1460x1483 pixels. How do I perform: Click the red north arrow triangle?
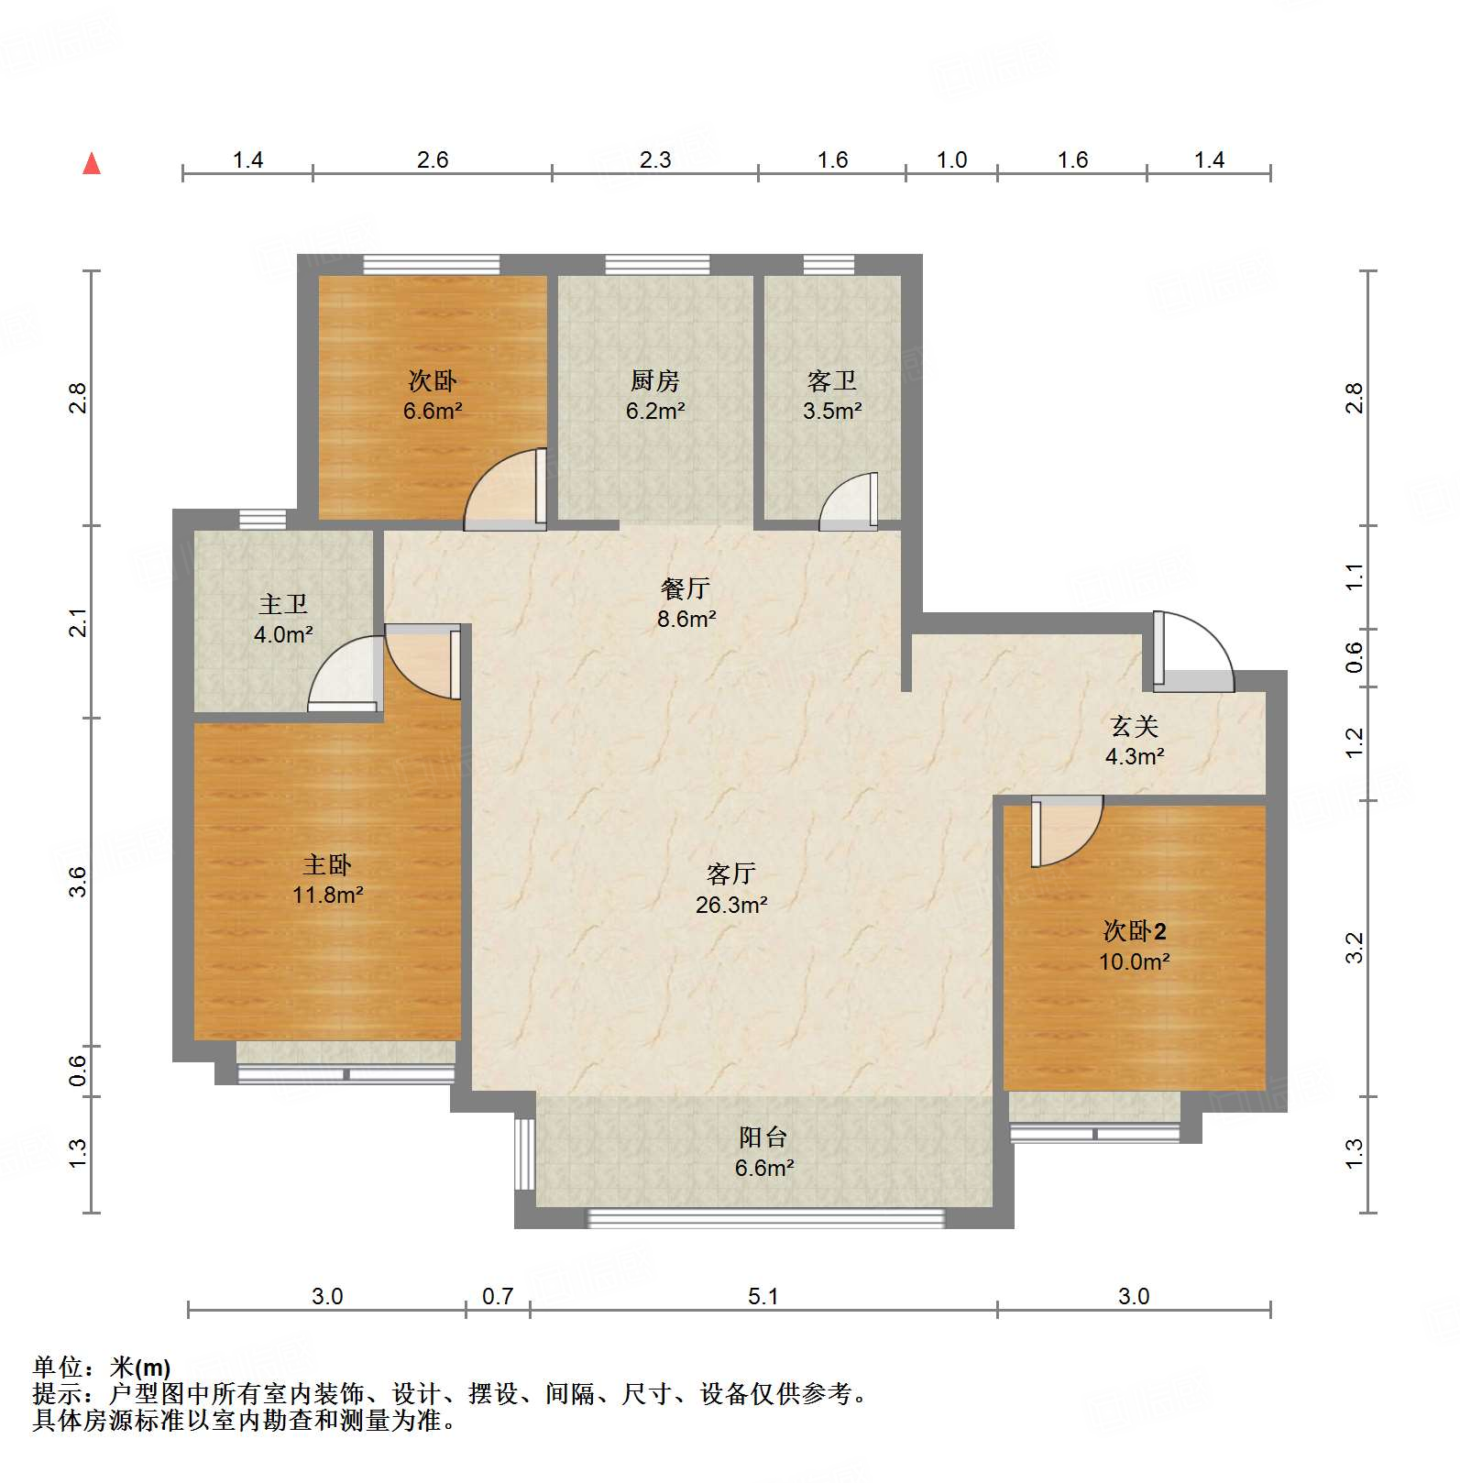(92, 164)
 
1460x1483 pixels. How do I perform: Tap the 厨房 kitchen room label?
(654, 395)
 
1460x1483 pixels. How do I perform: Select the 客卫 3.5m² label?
(832, 395)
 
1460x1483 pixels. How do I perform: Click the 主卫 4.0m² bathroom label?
(283, 619)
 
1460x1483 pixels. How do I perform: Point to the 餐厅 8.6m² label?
(686, 603)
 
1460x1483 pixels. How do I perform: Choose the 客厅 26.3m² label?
(730, 889)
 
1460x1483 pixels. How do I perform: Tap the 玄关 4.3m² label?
(1135, 741)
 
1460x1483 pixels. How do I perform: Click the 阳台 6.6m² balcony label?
(763, 1152)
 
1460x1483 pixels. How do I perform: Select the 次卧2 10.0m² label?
(1135, 946)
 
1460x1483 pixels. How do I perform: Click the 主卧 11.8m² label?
(327, 879)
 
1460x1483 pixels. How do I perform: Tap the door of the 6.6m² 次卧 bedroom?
(504, 491)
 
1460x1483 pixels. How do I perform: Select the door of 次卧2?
(1065, 829)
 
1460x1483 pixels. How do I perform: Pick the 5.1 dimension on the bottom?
(763, 1296)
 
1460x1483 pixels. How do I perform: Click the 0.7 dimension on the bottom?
(498, 1296)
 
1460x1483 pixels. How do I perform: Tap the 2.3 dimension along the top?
(655, 160)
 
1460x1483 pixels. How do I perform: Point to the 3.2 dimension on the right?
(1355, 947)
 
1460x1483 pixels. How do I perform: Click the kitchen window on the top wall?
(657, 265)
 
